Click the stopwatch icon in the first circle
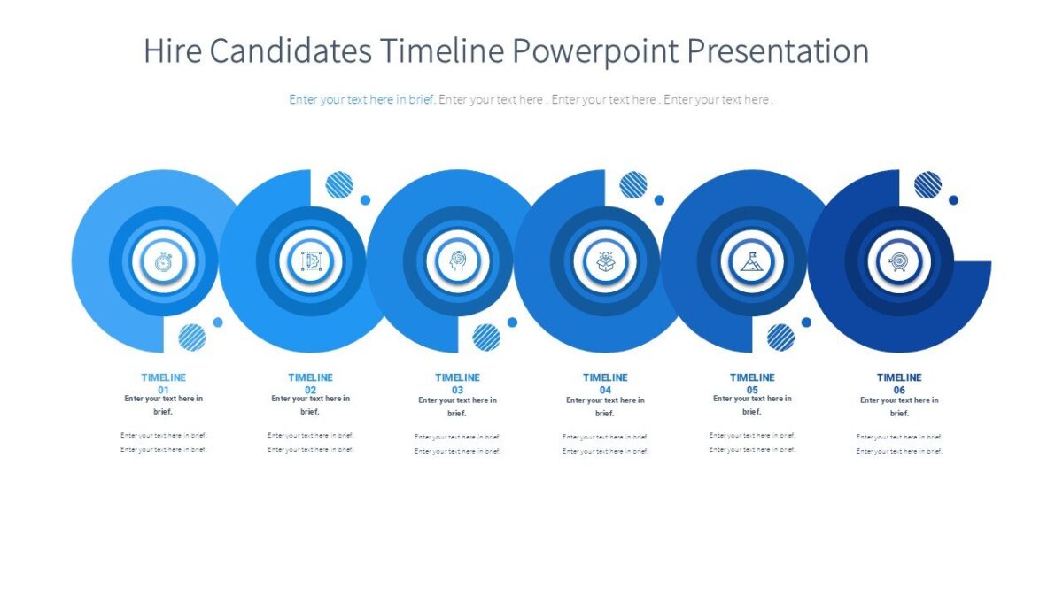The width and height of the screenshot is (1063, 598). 163,261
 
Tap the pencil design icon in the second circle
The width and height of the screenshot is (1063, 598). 310,261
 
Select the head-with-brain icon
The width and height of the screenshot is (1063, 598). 457,261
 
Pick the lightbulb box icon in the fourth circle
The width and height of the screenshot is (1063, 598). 605,261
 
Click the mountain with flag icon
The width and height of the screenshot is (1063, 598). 752,261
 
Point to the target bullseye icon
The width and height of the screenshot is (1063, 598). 899,261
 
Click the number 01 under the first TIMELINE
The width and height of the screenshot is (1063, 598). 164,390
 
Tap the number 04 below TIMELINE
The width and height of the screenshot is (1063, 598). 605,390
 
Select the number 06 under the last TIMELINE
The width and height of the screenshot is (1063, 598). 899,390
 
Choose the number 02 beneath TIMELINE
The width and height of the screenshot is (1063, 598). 311,390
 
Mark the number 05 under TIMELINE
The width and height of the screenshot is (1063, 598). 752,390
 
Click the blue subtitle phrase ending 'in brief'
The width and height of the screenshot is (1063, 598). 361,99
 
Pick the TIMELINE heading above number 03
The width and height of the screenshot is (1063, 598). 458,377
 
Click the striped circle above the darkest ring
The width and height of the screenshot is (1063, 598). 927,184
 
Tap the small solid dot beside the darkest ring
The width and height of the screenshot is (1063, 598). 953,200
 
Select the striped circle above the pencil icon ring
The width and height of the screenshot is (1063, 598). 339,184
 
